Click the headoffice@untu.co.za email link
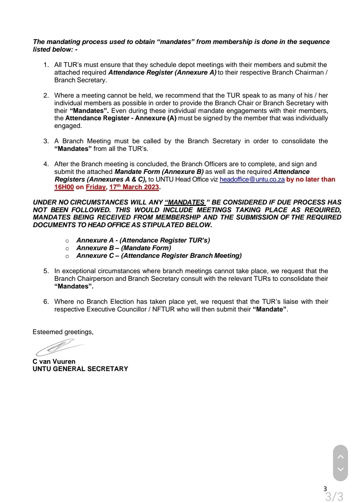click(252, 180)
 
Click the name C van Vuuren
click(54, 361)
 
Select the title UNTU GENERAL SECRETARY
click(80, 369)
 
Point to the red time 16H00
click(64, 187)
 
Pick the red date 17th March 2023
click(134, 187)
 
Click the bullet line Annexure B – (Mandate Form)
click(124, 248)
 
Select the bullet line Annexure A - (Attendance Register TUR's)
click(143, 241)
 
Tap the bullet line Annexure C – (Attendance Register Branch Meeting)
click(159, 256)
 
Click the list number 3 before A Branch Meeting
click(46, 141)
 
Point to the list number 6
click(46, 302)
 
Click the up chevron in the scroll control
click(340, 457)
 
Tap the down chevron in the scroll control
click(340, 469)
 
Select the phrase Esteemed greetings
click(63, 332)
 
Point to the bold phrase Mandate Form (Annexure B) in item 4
click(159, 172)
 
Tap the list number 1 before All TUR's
click(46, 65)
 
